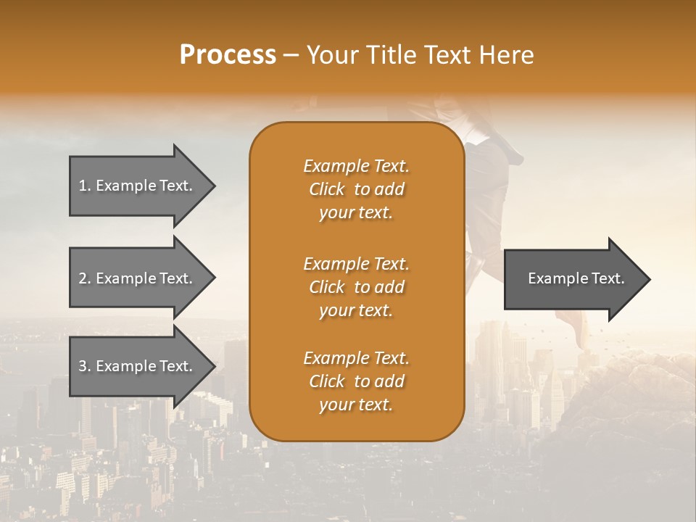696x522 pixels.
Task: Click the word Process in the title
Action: pos(228,54)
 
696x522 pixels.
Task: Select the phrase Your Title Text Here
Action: pos(420,54)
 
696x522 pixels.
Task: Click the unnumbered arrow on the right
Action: pos(573,278)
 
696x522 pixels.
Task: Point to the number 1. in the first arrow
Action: pos(85,186)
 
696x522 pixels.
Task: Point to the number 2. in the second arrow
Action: pos(85,278)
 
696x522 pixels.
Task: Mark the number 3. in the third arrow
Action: pos(85,366)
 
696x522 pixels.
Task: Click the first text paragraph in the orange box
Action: pos(356,189)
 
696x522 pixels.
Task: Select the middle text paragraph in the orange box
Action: pos(356,287)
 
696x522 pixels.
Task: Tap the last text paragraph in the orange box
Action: pos(356,381)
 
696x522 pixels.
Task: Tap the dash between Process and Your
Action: pos(291,55)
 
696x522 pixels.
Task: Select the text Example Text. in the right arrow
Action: pos(576,278)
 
